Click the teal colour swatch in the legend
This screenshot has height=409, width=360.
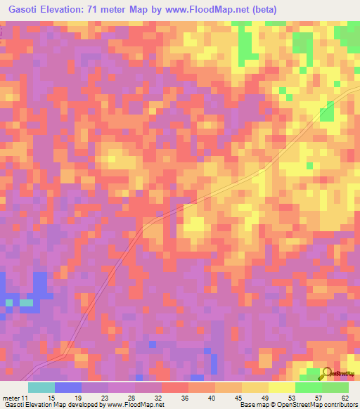41,387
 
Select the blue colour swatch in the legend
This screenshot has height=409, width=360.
67,387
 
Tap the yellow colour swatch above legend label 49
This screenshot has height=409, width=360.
255,387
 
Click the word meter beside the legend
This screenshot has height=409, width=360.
11,398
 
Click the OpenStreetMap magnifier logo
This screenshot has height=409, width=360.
328,373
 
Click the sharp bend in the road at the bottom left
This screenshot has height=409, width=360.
65,357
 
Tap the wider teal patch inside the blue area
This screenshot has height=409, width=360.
26,303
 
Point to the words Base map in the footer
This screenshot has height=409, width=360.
252,405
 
